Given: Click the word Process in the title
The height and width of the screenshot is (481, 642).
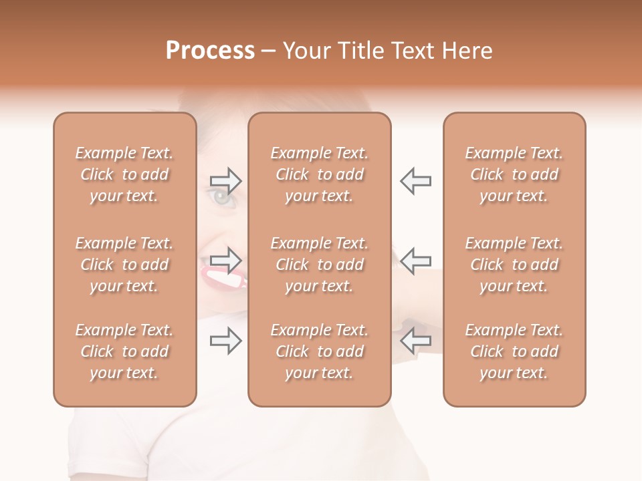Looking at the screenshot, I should coord(210,51).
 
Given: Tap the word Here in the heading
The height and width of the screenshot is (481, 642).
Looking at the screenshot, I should coord(466,51).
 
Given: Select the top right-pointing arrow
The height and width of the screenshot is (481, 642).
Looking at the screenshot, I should coord(226,180).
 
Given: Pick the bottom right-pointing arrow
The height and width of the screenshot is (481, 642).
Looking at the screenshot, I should coord(226,341).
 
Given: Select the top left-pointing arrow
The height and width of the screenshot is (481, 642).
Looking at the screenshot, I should coord(415,180).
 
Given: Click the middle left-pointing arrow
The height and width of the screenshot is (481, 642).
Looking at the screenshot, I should coord(415,260).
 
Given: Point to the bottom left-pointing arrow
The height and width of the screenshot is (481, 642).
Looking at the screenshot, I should coord(415,340).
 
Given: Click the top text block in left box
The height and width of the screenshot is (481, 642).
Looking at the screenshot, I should coord(124,174).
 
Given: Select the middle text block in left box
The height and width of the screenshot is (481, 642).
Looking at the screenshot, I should coord(124,265).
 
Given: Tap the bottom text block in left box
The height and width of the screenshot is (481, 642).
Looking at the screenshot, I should coord(124,351).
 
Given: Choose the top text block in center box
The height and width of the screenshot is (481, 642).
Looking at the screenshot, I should coord(320,174).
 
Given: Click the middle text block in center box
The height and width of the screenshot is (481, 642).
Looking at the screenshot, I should coord(320,265).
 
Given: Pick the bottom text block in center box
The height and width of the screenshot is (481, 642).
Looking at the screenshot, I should coord(320,351).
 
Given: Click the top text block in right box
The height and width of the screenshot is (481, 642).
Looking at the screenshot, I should coord(514,174).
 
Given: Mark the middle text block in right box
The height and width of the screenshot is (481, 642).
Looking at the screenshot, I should coord(514,265).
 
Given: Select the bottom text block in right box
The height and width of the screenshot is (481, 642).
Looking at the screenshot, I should coord(514,351).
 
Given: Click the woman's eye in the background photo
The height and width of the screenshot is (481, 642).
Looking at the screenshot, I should coord(220,196).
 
